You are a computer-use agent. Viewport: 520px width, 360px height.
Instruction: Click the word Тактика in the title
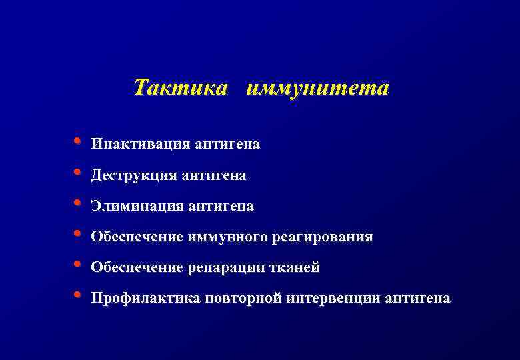180,87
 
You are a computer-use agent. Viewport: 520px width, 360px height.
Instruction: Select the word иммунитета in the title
317,87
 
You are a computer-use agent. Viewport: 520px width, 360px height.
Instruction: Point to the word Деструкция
134,176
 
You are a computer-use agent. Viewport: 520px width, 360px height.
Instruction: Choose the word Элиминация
137,207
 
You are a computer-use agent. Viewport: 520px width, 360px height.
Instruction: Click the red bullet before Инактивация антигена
78,141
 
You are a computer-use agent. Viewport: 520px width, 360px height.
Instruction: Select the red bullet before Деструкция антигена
78,173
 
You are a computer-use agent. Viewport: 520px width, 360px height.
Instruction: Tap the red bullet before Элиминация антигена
78,203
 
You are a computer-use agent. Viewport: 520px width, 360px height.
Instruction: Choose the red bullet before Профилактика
78,295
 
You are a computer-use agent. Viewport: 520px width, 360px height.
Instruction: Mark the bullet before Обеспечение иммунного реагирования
78,234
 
